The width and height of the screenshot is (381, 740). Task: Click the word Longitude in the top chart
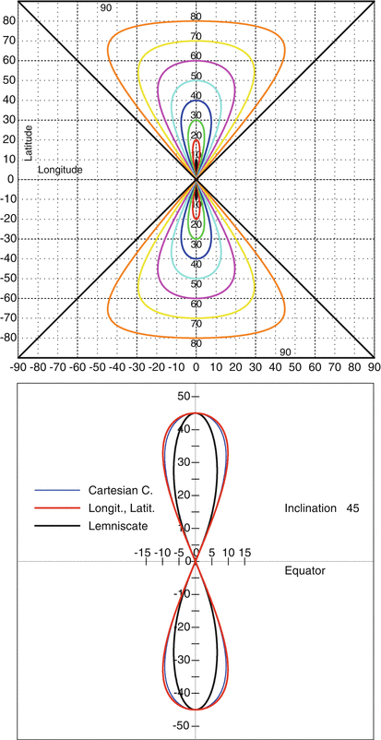pyautogui.click(x=60, y=170)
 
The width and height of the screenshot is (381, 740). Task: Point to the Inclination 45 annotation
pyautogui.click(x=319, y=507)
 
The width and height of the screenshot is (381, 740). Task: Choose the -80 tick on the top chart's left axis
pyautogui.click(x=7, y=338)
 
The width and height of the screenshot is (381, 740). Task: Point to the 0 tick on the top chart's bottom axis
pyautogui.click(x=196, y=367)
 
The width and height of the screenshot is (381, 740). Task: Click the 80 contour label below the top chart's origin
pyautogui.click(x=196, y=343)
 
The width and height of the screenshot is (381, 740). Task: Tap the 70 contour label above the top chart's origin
pyautogui.click(x=196, y=37)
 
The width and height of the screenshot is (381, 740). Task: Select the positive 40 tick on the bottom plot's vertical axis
pyautogui.click(x=181, y=430)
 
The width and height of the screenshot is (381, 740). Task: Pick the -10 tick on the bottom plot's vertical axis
pyautogui.click(x=180, y=594)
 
